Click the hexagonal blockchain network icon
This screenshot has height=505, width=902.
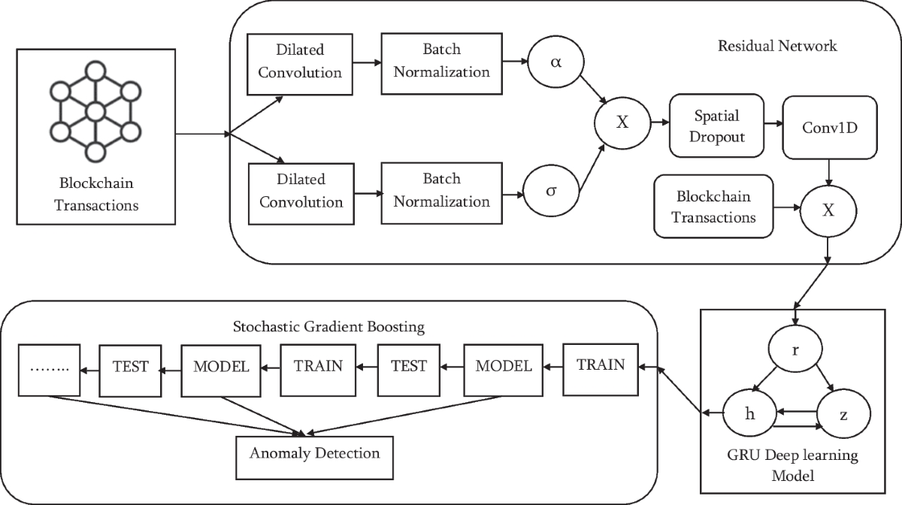coord(94,111)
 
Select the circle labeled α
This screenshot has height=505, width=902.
coord(555,63)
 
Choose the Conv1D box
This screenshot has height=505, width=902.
coord(829,126)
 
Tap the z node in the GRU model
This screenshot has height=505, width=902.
coord(843,414)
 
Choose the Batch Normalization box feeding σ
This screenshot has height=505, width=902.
coord(441,191)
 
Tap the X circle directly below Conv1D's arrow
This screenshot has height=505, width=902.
coord(828,211)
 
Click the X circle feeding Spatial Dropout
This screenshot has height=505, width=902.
coord(622,122)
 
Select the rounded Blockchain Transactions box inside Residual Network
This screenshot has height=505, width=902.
coord(713,207)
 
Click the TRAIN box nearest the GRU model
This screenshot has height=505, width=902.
coord(601,365)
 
